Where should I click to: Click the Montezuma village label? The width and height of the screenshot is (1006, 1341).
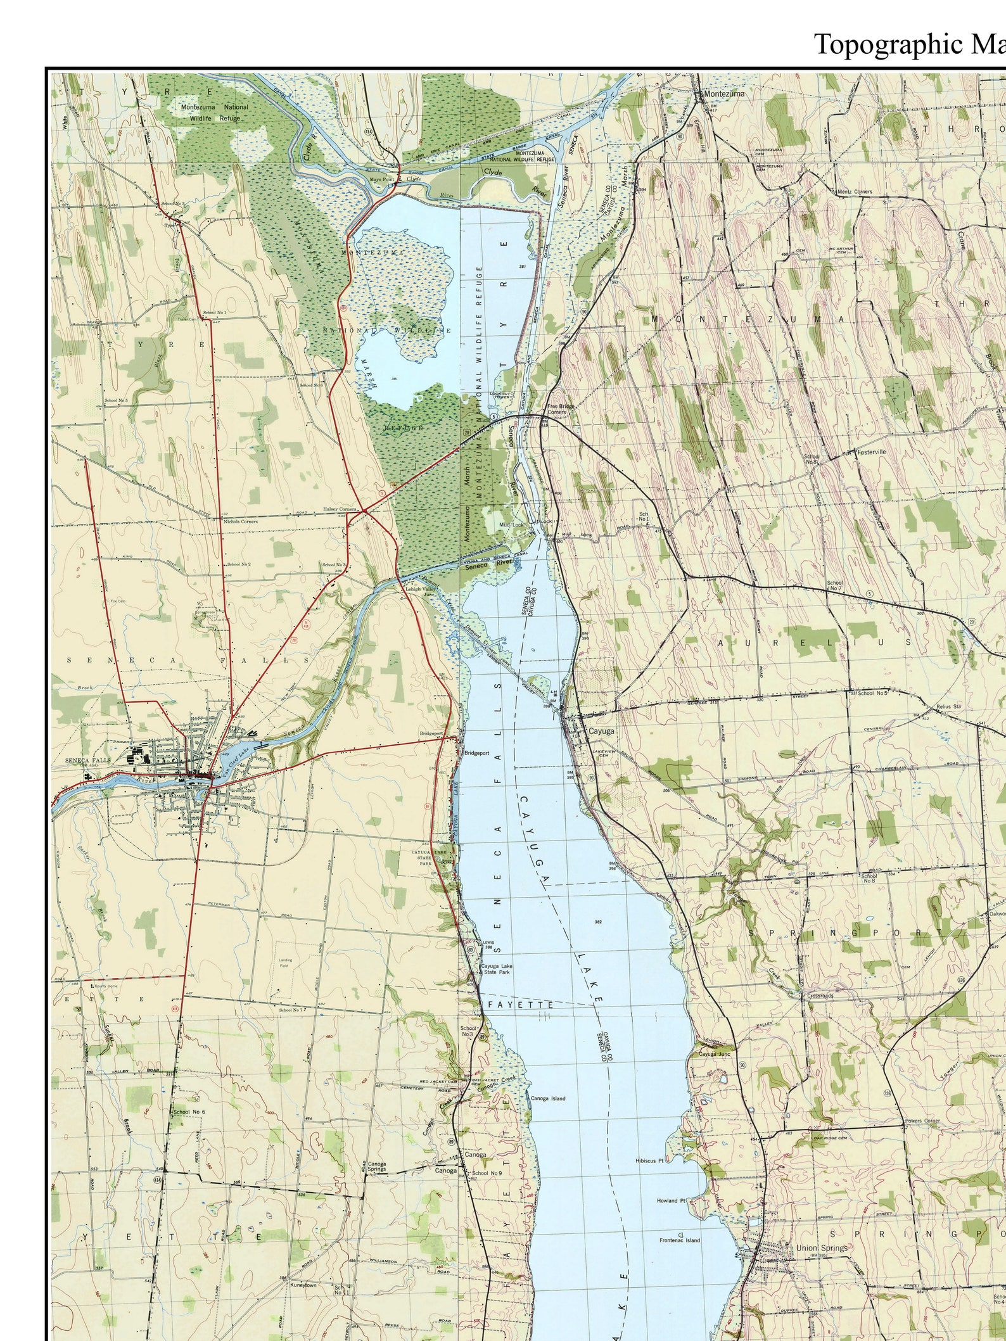tap(724, 93)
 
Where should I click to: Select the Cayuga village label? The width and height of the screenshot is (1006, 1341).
tap(601, 730)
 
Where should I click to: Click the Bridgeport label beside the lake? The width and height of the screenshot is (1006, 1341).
tap(477, 753)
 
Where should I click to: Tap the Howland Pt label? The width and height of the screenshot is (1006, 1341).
tap(671, 1200)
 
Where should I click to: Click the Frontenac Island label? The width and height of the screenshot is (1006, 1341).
tap(679, 1240)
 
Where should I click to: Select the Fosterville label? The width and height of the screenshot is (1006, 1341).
tap(871, 452)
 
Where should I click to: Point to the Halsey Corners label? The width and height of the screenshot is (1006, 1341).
tap(340, 509)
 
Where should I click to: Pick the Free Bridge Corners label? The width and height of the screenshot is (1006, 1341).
tap(557, 409)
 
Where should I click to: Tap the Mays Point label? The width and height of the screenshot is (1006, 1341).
tap(382, 179)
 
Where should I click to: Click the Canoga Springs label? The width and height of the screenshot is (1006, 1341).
tap(376, 1167)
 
